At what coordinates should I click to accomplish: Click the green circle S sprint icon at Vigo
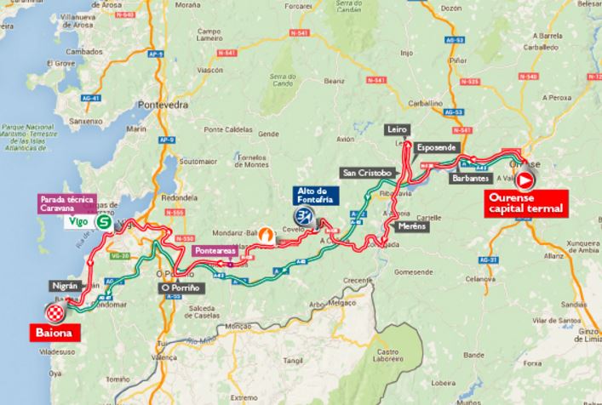[x=103, y=221]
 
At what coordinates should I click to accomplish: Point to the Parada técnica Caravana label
[x=64, y=203]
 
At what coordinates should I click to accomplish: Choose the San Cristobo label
[x=366, y=173]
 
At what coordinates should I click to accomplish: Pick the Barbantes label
[x=470, y=180]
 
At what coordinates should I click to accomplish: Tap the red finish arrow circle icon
[x=525, y=180]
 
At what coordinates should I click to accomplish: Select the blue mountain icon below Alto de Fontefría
[x=303, y=217]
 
